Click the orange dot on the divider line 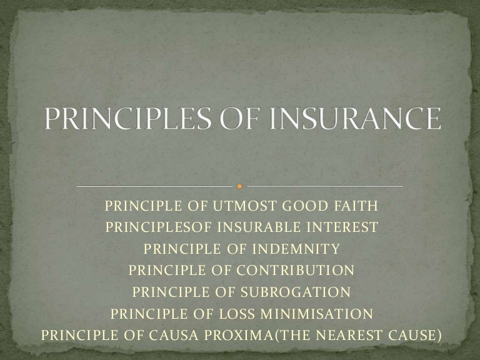[240, 187]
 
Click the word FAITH [356, 207]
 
